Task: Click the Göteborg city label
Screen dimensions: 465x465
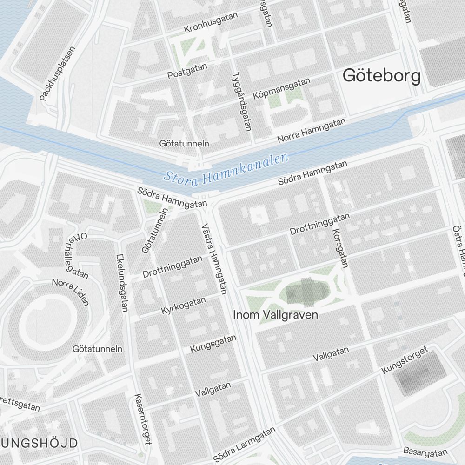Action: coord(381,76)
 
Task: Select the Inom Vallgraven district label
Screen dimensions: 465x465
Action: coord(276,315)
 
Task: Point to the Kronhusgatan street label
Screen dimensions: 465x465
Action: coord(211,23)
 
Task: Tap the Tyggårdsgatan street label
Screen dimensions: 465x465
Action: coord(241,101)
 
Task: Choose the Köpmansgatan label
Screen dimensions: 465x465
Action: coord(281,88)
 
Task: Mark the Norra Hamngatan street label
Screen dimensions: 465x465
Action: coord(312,130)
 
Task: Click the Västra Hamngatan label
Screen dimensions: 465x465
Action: coord(214,259)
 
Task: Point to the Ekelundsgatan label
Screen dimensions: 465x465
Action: coord(121,283)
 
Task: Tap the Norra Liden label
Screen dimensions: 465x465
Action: coord(70,292)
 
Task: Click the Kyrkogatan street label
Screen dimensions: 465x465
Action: coord(183,306)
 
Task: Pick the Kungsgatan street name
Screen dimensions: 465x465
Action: coord(213,344)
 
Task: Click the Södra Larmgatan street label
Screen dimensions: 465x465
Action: coord(244,445)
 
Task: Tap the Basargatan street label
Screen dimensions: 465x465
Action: coord(425,452)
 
